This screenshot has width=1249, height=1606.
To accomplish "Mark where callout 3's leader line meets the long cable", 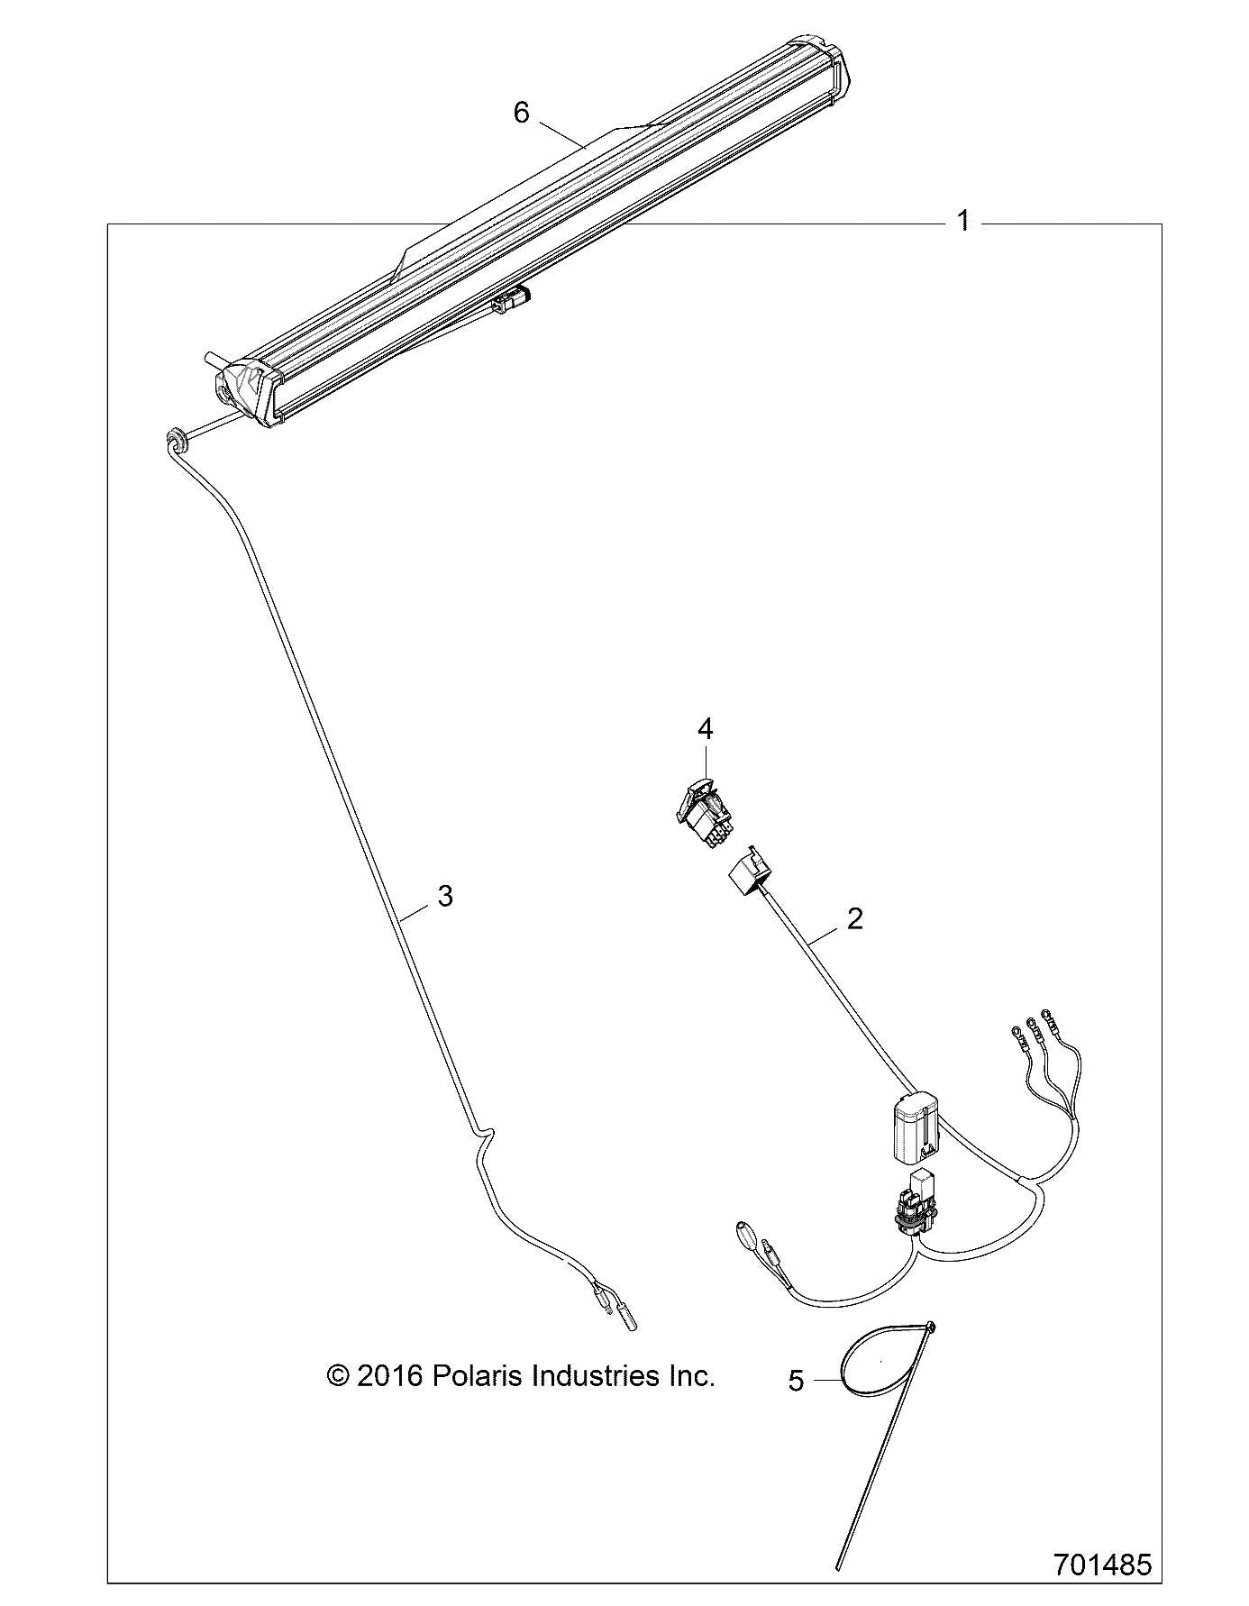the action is (x=399, y=917).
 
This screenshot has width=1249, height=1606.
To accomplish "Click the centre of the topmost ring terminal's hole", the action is (x=1046, y=1015).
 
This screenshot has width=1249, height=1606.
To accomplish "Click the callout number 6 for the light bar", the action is (x=521, y=113).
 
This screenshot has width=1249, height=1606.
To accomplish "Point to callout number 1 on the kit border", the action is (x=963, y=221).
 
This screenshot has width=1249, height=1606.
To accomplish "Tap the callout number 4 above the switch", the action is (x=706, y=728).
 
